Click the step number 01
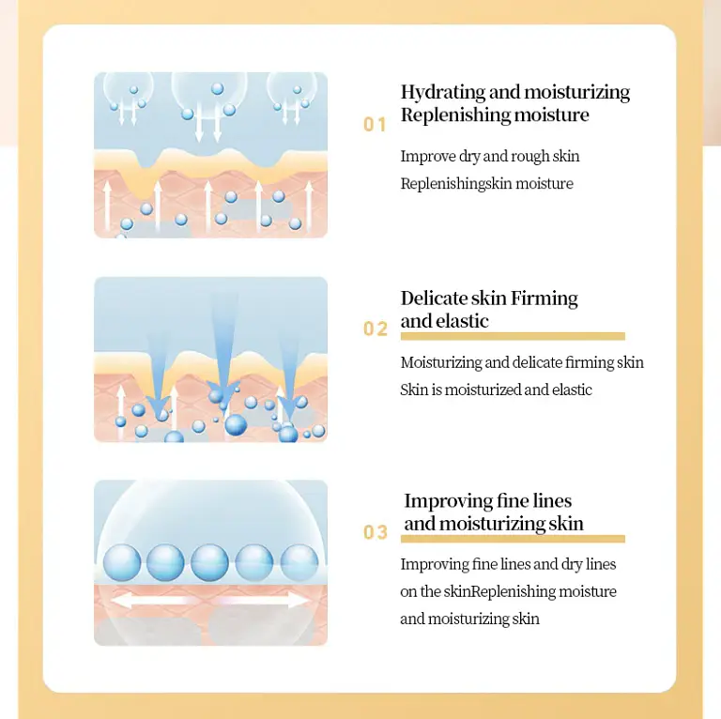point(375,125)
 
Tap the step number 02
point(375,329)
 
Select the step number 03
point(375,533)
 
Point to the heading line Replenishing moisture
point(495,115)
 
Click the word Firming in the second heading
point(545,298)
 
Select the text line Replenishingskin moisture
point(486,184)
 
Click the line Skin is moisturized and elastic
point(496,390)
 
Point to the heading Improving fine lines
point(487,501)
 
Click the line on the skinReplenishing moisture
point(508,591)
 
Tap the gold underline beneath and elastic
point(512,336)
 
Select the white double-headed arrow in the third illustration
point(210,600)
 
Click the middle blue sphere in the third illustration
point(209,562)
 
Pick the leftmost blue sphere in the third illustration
point(121,562)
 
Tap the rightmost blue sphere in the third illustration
point(299,562)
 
